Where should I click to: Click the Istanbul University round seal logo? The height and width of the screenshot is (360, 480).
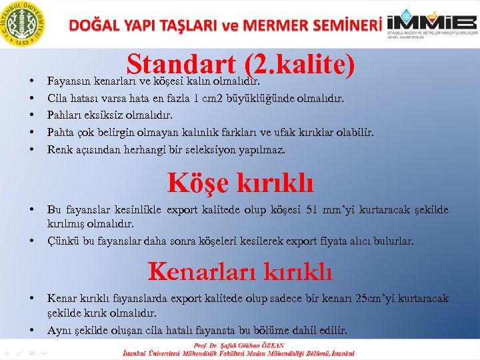(x=23, y=23)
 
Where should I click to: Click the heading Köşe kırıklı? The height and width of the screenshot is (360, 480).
(x=240, y=182)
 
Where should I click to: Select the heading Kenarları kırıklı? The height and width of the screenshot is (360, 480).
(x=240, y=271)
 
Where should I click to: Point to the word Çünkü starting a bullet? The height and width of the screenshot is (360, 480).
(x=62, y=241)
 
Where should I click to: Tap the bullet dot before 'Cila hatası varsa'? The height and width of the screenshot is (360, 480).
(x=32, y=99)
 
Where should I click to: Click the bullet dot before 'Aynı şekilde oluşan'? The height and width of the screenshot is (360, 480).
(x=32, y=330)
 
